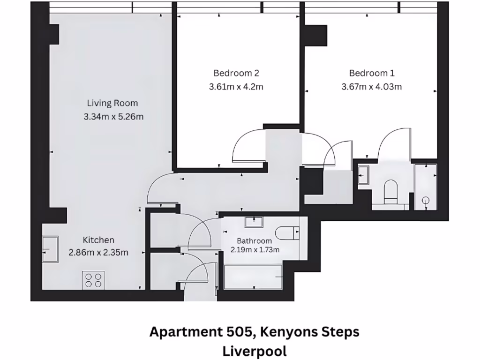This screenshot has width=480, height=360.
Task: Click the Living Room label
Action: click(x=112, y=103)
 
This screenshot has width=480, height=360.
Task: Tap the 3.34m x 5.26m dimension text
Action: click(x=113, y=117)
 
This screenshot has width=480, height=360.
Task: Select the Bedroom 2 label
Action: click(x=236, y=73)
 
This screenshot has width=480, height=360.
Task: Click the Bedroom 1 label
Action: click(x=372, y=73)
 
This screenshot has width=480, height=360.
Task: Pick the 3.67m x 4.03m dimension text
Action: click(x=372, y=87)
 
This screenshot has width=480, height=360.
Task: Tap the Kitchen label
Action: click(x=98, y=240)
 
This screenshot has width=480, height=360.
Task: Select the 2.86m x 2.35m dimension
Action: click(x=98, y=253)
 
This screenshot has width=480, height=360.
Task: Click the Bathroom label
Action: click(x=254, y=241)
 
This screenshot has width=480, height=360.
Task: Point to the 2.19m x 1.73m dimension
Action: click(x=255, y=250)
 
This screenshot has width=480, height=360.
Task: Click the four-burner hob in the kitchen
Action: click(x=93, y=280)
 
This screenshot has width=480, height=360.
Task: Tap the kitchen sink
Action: click(x=51, y=249)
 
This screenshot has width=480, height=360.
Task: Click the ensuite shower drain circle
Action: click(x=426, y=200)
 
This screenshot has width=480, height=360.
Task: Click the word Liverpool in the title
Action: click(x=255, y=351)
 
